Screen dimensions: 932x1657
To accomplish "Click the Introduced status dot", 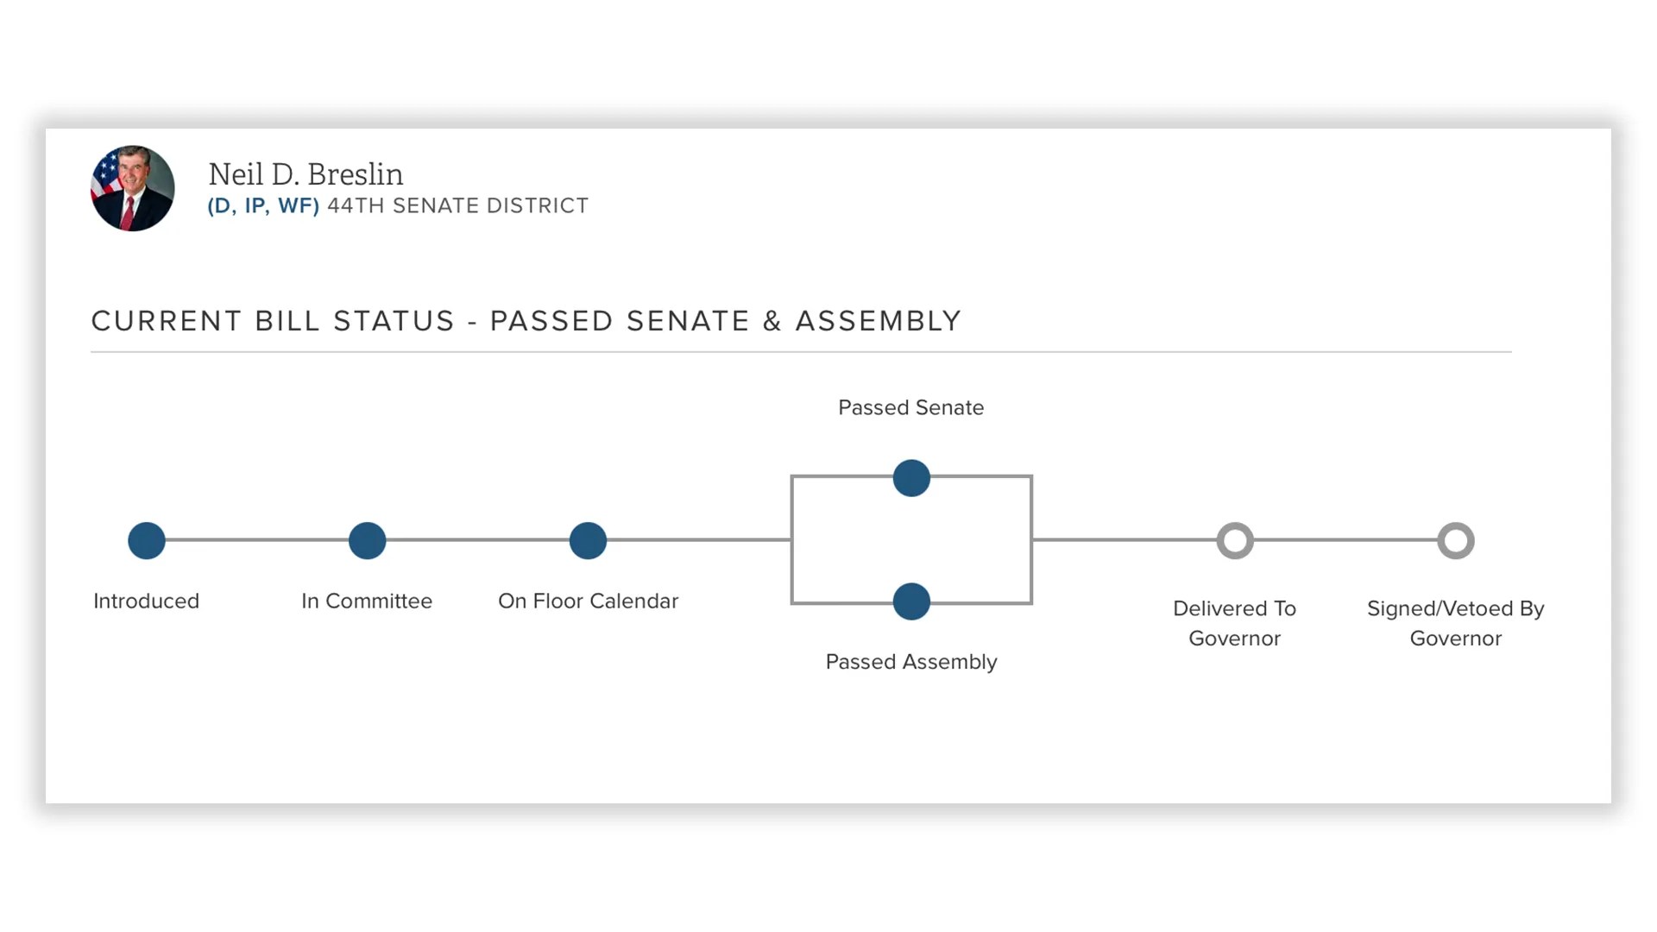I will (x=147, y=541).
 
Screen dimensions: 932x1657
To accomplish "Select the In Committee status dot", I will (x=368, y=541).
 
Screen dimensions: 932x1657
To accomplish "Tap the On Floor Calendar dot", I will (x=589, y=541).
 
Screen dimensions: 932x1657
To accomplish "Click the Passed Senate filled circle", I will (x=911, y=478).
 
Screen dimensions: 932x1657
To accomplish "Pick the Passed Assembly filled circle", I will (x=911, y=601).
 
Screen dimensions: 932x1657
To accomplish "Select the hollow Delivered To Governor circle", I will (x=1235, y=541).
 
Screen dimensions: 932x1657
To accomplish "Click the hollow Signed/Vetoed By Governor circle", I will (x=1456, y=541).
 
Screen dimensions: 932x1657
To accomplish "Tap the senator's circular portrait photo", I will (x=133, y=188).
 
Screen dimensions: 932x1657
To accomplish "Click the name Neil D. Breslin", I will (x=306, y=174).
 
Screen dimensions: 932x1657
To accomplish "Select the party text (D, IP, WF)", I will (x=263, y=206).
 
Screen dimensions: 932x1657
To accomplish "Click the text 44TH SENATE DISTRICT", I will (x=457, y=206).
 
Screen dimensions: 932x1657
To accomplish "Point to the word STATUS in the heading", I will (x=394, y=321).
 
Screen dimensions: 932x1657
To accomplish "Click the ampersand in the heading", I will (x=772, y=321).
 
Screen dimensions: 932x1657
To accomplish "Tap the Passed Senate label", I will (x=910, y=407).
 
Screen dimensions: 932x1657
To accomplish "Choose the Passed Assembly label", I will (x=910, y=662).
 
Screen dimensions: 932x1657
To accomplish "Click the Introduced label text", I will (x=146, y=601).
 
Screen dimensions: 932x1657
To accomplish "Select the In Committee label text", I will (x=367, y=601).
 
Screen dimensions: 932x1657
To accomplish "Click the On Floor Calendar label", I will (x=588, y=601).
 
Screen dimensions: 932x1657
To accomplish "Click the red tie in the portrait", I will (x=128, y=212).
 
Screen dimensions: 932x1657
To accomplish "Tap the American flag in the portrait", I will (x=106, y=173).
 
